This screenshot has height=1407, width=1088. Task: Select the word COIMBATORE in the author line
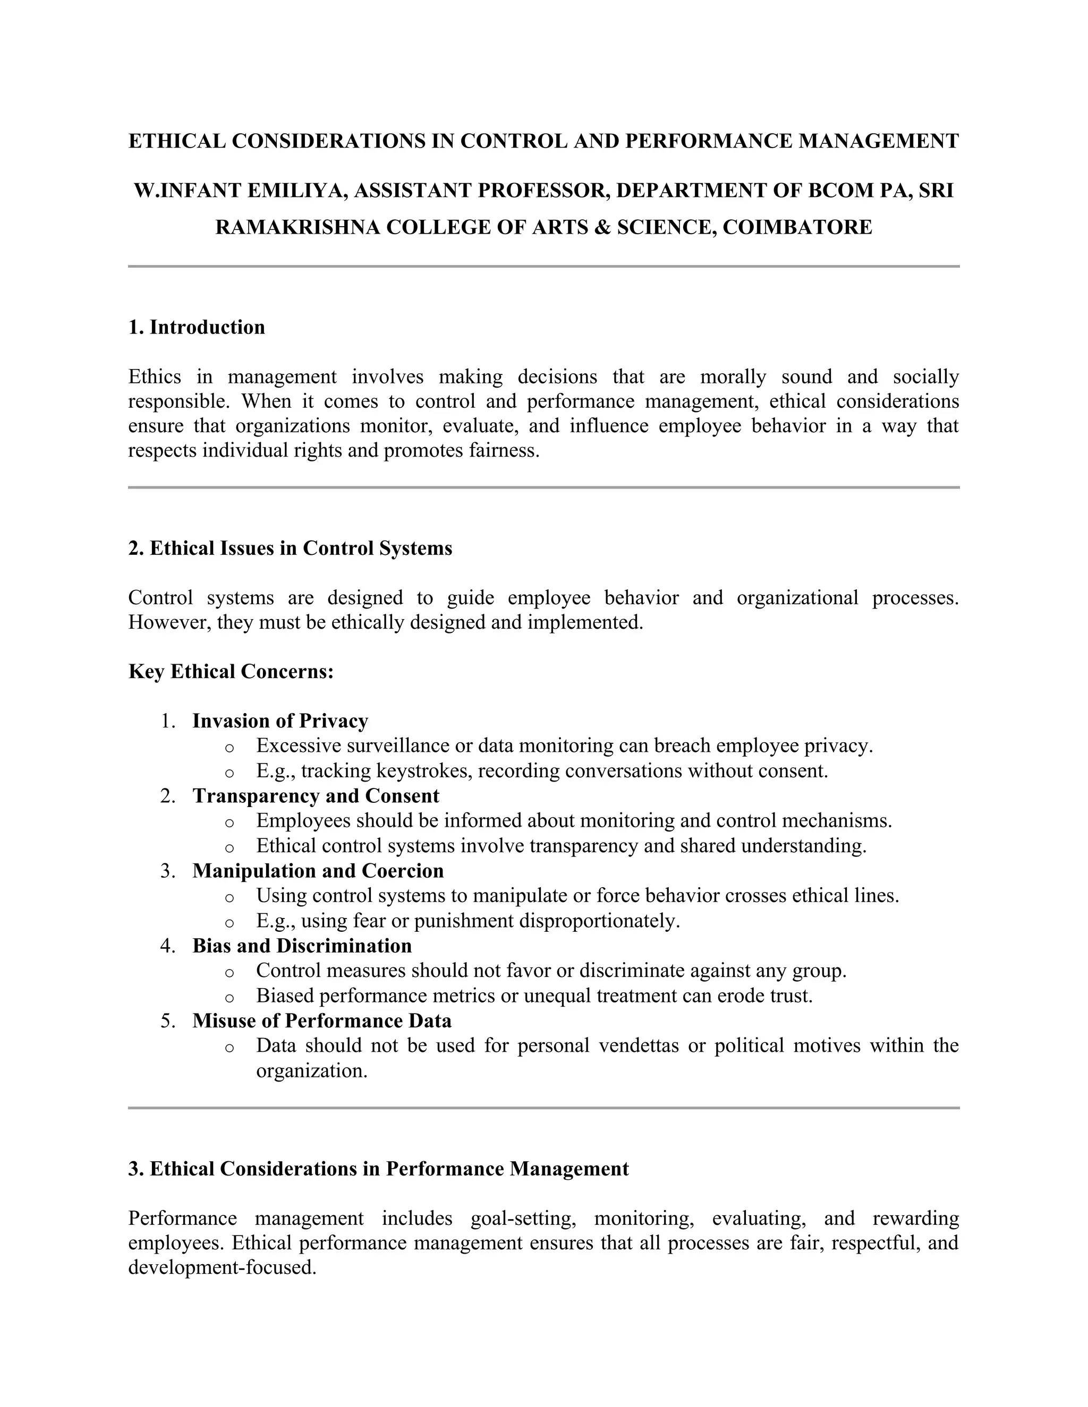pos(797,227)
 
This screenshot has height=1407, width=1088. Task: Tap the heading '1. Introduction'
pos(197,327)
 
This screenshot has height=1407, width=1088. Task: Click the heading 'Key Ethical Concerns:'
pos(231,672)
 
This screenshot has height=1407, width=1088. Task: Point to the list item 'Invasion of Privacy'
pos(280,721)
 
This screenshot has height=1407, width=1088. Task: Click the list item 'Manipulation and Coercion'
pos(318,871)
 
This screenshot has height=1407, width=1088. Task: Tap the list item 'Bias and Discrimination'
pos(302,946)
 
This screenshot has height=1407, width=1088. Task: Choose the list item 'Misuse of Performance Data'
pos(321,1021)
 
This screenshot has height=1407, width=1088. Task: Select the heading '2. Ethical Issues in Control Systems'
pos(290,548)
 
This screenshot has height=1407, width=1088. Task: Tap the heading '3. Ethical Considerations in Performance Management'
pos(378,1169)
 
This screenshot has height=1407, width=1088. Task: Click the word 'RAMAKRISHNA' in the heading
pos(297,227)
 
